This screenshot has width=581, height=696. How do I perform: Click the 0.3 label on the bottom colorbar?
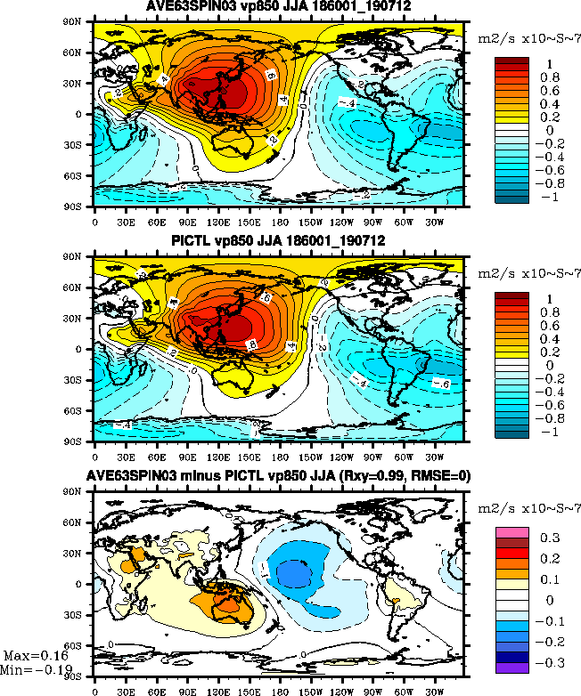coord(551,538)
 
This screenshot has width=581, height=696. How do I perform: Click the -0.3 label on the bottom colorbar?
coord(550,662)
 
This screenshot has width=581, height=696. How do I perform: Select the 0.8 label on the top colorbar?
coord(550,77)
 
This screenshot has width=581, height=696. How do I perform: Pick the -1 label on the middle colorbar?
coord(550,431)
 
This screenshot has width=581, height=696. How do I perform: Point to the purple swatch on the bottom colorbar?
coord(514,668)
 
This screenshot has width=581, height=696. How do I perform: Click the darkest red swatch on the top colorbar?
coord(514,62)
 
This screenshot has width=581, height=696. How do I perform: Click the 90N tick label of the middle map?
coord(82,257)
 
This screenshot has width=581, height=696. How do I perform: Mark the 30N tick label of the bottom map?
coord(82,554)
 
